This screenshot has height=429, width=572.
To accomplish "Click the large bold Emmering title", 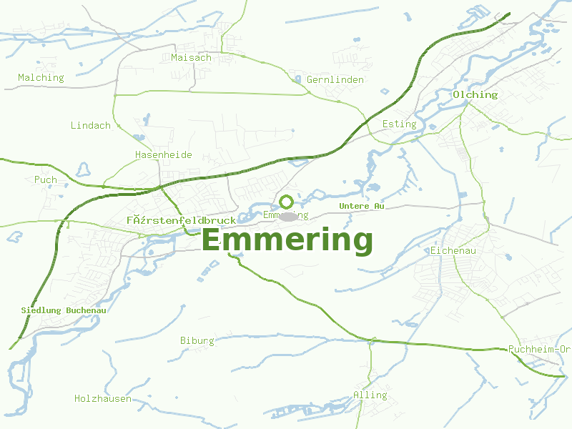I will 287,240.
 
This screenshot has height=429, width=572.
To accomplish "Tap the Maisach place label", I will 191,57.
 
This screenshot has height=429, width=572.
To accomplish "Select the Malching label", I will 41,77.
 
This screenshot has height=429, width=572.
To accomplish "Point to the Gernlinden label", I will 335,79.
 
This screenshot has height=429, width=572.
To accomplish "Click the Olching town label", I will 475,94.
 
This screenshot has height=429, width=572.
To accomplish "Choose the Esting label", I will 399,124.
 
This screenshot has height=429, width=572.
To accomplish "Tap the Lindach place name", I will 90,125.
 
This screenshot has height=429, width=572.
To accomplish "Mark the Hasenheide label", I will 164,154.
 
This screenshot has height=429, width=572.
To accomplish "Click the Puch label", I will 46,179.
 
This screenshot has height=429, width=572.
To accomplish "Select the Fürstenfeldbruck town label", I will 181,220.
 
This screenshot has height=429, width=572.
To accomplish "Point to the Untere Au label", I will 362,206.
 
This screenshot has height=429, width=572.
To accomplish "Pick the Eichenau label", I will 453,251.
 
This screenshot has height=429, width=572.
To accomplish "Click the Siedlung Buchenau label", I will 64,310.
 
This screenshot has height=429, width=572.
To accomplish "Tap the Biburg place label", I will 197,340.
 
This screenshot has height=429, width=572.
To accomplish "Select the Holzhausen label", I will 103,398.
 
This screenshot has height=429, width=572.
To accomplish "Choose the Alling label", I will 370,395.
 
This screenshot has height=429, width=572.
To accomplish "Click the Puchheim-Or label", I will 539,349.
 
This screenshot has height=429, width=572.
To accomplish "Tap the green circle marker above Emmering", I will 286,202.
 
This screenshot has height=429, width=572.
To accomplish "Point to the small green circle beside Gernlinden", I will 297,79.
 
